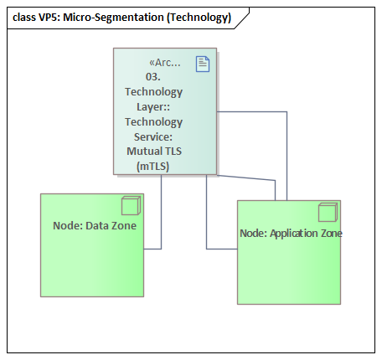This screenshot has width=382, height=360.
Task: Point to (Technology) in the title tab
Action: point(199,17)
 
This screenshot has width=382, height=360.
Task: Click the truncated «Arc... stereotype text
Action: point(164,63)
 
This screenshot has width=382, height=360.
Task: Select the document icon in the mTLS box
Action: point(203,63)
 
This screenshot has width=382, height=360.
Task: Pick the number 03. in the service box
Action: point(153,76)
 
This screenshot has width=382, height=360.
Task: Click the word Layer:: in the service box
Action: point(153,106)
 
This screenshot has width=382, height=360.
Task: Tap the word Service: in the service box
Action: point(153,136)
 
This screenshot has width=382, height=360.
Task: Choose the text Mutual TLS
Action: point(153,152)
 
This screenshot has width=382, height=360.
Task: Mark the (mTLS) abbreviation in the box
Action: point(153,167)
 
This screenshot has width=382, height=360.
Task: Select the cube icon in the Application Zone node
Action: point(327,213)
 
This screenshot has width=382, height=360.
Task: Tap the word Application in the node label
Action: point(298,234)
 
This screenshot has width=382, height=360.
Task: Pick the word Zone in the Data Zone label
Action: point(124,226)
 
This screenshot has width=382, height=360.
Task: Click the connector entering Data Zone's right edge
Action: point(152,249)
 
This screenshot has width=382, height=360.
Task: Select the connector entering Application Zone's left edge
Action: point(222,249)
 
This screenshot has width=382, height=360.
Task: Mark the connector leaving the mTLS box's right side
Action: point(251,111)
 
